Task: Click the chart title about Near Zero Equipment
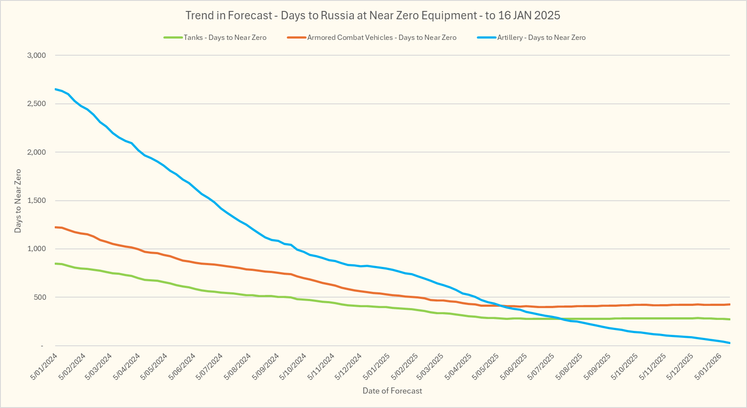pos(373,15)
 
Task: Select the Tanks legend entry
pos(225,38)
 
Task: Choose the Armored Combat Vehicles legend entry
pos(381,38)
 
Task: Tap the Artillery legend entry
pos(541,38)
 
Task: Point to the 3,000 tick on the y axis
pos(36,55)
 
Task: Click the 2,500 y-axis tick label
pos(36,104)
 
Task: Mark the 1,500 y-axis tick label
pos(36,201)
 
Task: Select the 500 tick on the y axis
pos(40,297)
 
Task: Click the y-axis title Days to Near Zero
pos(18,201)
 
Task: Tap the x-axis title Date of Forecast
pos(392,391)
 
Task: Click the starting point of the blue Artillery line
pos(55,89)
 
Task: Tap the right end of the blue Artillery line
pos(729,343)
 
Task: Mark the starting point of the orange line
pos(55,227)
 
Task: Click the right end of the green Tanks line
pos(729,319)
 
